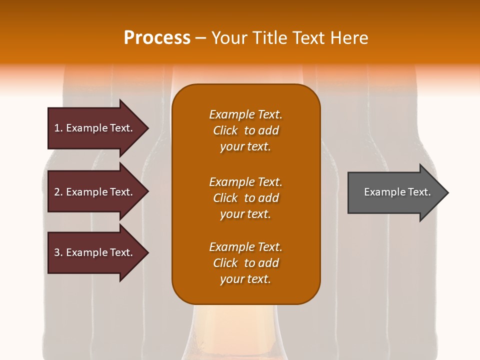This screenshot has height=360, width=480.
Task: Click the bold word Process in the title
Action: tap(157, 38)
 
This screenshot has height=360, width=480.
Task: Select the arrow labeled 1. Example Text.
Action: tap(95, 128)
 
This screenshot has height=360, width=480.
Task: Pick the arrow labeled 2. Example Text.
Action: tap(95, 192)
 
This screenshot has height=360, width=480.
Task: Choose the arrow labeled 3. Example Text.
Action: tap(95, 252)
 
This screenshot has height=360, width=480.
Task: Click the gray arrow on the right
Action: tap(395, 192)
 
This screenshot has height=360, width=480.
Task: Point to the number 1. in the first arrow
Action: tap(58, 128)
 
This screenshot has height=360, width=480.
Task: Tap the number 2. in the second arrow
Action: tap(58, 192)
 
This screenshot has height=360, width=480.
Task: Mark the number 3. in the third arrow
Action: tap(58, 252)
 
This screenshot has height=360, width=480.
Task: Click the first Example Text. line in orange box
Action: tap(245, 114)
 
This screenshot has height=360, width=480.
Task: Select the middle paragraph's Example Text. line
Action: tap(245, 182)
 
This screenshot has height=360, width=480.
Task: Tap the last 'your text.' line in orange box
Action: tap(245, 279)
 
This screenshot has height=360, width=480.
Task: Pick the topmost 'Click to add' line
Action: tap(245, 130)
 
